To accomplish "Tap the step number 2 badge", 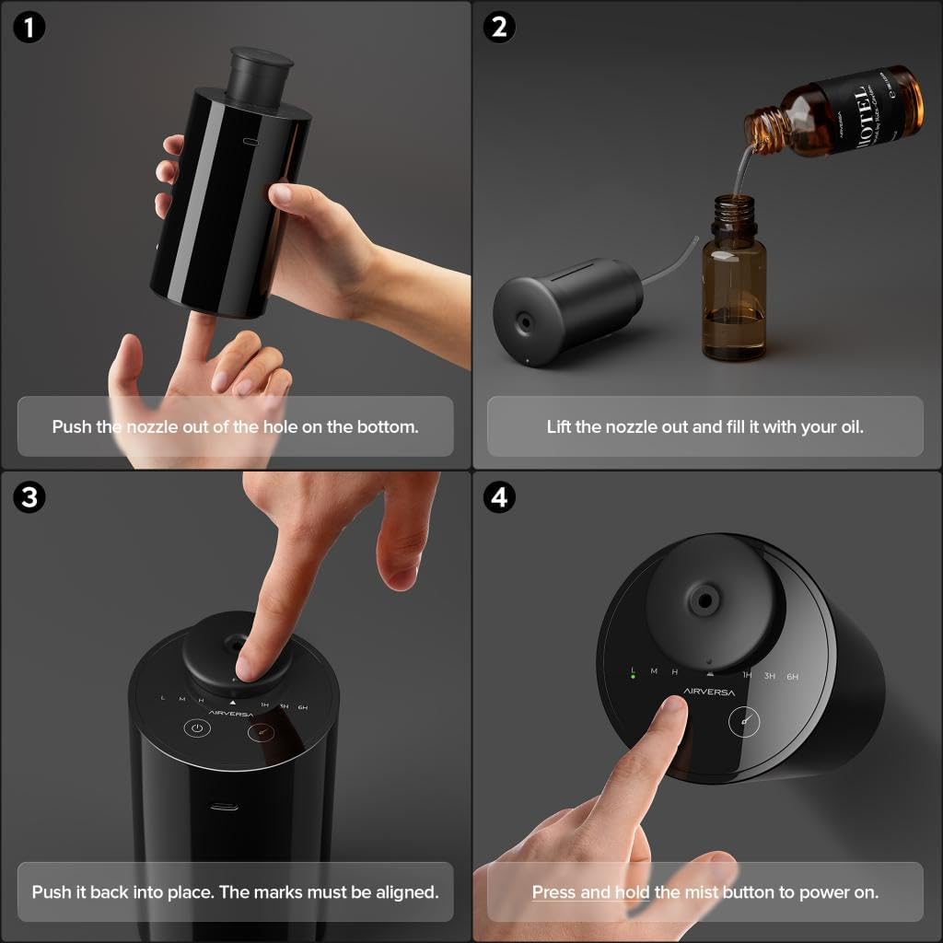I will click(499, 28).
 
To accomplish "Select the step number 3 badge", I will click(29, 498).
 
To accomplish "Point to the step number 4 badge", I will click(499, 498).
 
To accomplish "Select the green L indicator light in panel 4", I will click(634, 683).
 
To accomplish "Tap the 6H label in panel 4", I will click(792, 677).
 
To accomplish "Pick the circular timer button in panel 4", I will click(744, 720).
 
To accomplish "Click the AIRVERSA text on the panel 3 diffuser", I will click(231, 713).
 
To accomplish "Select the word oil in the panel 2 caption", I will click(851, 427).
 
